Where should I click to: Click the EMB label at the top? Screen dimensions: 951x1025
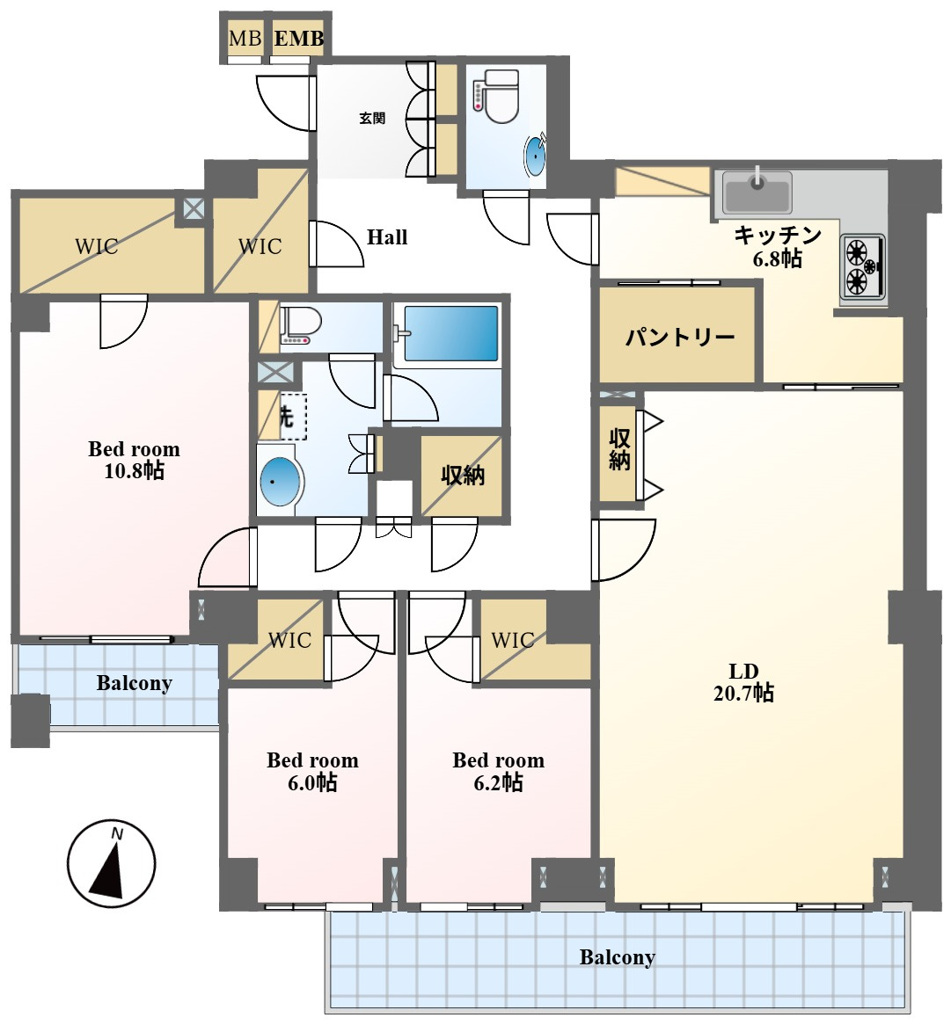click(298, 39)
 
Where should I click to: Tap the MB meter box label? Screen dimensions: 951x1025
click(245, 39)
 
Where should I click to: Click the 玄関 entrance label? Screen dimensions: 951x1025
click(372, 119)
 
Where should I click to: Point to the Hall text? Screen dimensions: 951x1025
click(386, 236)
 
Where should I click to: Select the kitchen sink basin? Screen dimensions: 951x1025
click(757, 193)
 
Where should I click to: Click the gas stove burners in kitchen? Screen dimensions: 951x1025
click(863, 266)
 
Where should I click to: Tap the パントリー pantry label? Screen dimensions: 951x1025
click(679, 338)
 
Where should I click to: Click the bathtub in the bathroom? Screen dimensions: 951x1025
click(451, 333)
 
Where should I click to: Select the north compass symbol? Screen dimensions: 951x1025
click(112, 863)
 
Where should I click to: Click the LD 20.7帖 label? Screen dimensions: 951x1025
click(743, 682)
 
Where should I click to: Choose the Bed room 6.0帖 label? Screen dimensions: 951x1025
click(312, 771)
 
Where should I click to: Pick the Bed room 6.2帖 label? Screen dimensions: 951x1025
click(499, 771)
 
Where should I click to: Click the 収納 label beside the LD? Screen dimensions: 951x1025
click(618, 450)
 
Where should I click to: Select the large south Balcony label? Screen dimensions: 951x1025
click(618, 957)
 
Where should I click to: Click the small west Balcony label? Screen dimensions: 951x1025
click(134, 683)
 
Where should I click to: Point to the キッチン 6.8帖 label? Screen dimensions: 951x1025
click(777, 246)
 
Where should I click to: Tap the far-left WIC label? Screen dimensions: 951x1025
click(97, 246)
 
